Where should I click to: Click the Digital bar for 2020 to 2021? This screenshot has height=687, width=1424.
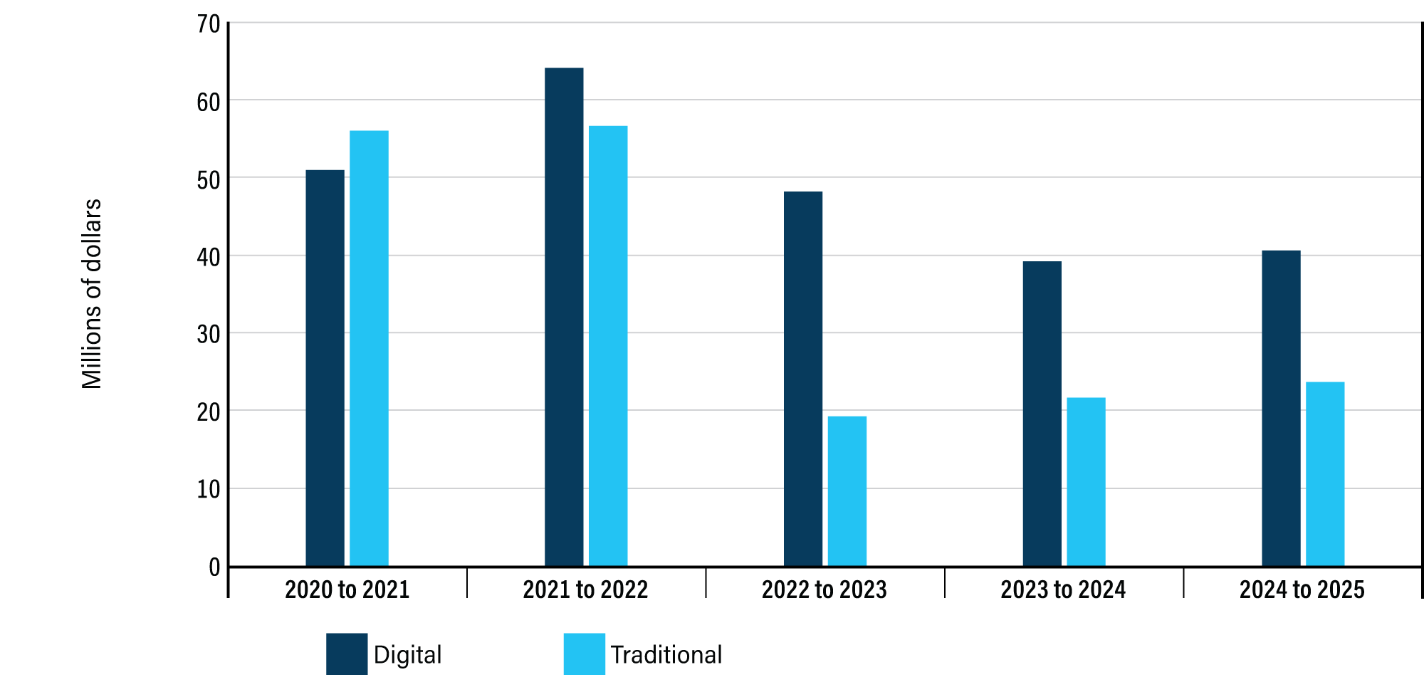325,368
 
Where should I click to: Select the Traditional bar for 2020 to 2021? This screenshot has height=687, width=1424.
369,349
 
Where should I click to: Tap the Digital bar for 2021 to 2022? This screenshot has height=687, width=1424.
564,318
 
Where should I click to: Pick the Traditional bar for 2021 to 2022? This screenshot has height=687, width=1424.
608,346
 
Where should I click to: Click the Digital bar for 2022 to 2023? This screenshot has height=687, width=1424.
803,379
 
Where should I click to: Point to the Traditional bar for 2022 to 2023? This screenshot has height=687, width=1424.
847,491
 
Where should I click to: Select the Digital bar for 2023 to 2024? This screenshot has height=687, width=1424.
1042,414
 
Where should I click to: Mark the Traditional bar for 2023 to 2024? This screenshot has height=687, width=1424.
1087,482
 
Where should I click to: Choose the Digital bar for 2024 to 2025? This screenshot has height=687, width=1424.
1281,409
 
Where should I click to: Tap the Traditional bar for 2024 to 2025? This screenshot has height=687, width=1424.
1325,474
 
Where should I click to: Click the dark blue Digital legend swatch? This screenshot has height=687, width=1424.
347,654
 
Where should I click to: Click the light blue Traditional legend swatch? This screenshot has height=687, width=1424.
584,654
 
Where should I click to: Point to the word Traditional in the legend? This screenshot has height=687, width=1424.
666,655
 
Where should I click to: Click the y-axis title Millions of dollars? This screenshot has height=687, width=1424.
92,294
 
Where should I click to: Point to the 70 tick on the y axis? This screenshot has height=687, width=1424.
209,24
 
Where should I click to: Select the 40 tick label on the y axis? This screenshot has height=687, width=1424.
209,257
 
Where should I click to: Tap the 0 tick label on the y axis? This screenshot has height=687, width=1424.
214,567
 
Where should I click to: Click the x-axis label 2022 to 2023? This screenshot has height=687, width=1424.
824,589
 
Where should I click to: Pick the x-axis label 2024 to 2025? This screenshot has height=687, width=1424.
1302,589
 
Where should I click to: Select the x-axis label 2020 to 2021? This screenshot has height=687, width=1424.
347,589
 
